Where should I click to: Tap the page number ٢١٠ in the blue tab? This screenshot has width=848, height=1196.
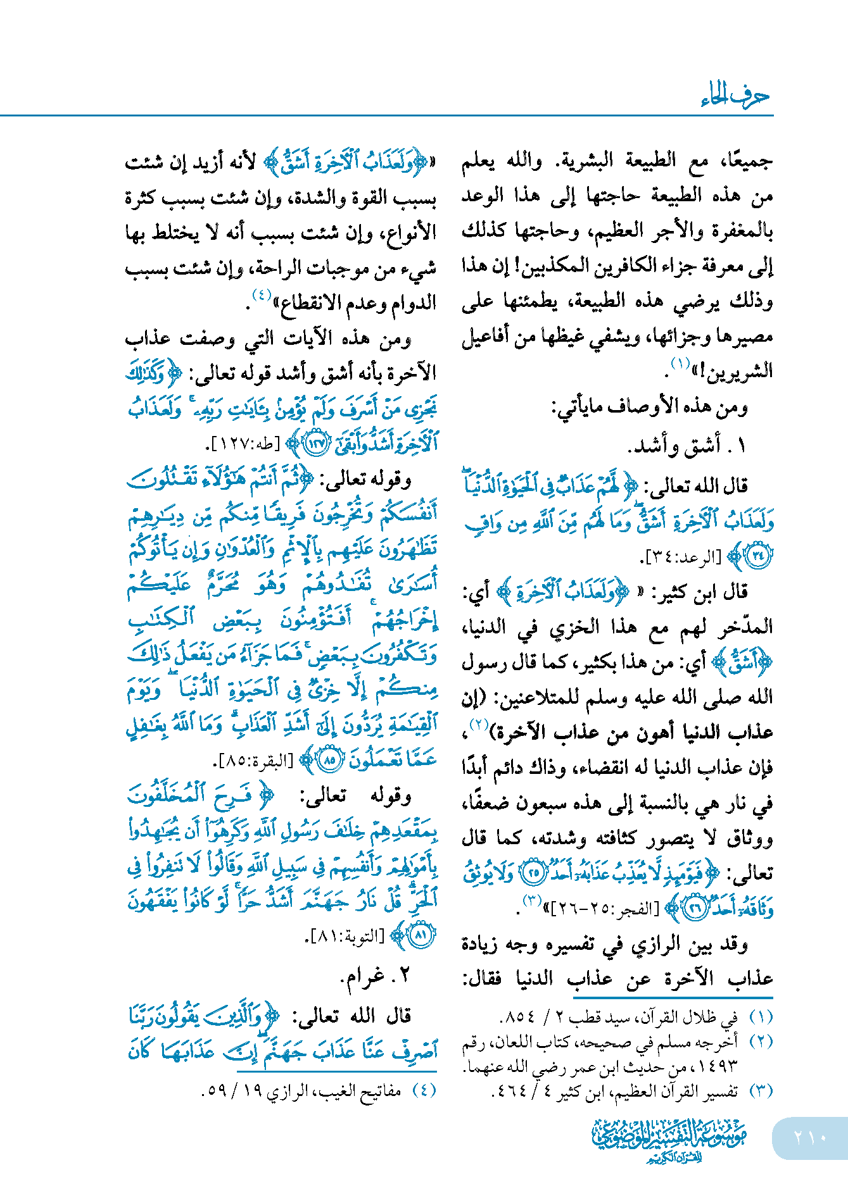(810, 1137)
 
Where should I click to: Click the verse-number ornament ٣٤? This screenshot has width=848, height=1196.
(757, 556)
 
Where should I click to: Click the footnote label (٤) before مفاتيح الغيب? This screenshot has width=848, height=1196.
(424, 1090)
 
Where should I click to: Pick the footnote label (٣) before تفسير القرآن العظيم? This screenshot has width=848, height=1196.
(761, 1091)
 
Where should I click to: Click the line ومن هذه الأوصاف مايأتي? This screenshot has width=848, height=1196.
(650, 408)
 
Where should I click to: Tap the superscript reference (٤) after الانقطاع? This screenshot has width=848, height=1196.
(262, 295)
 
